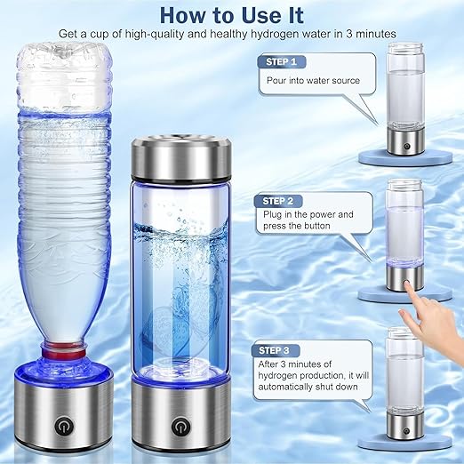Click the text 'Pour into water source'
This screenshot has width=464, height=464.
(x=300, y=80)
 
